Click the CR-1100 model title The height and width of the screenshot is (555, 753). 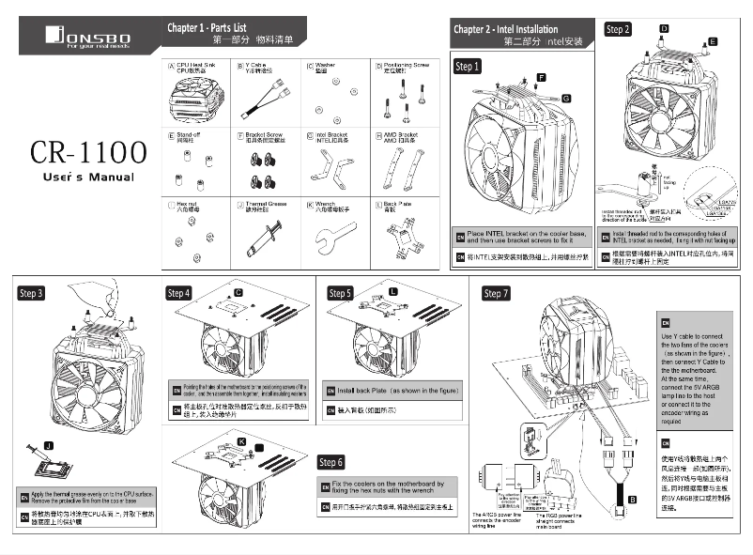pos(86,151)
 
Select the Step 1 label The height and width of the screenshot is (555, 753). pos(468,67)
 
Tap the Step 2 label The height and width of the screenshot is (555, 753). pos(618,29)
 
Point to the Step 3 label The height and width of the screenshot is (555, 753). pos(31,293)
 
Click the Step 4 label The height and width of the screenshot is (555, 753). pos(178,293)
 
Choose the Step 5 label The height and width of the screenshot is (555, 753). pos(340,293)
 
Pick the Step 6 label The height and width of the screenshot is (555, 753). pos(330,462)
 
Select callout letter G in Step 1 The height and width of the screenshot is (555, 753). pos(566,99)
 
